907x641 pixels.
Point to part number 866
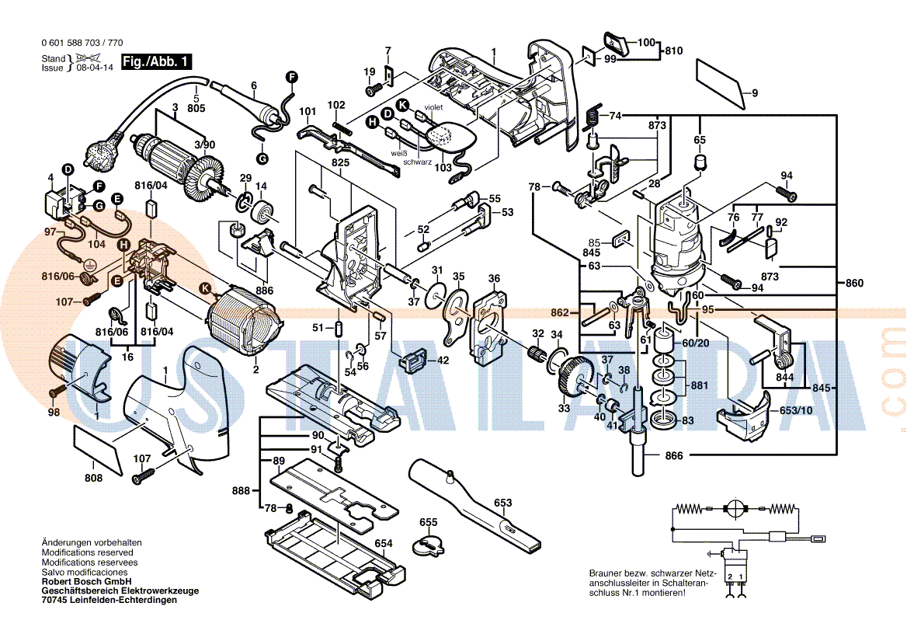click(x=674, y=456)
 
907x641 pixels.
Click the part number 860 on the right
click(x=854, y=284)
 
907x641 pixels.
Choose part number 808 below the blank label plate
click(x=93, y=478)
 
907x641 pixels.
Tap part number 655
click(x=429, y=521)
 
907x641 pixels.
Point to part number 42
click(x=443, y=360)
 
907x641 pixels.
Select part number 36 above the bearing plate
click(x=494, y=278)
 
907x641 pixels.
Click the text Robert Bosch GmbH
click(x=86, y=581)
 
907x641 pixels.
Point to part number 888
click(x=241, y=491)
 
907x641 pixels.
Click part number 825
click(x=340, y=162)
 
